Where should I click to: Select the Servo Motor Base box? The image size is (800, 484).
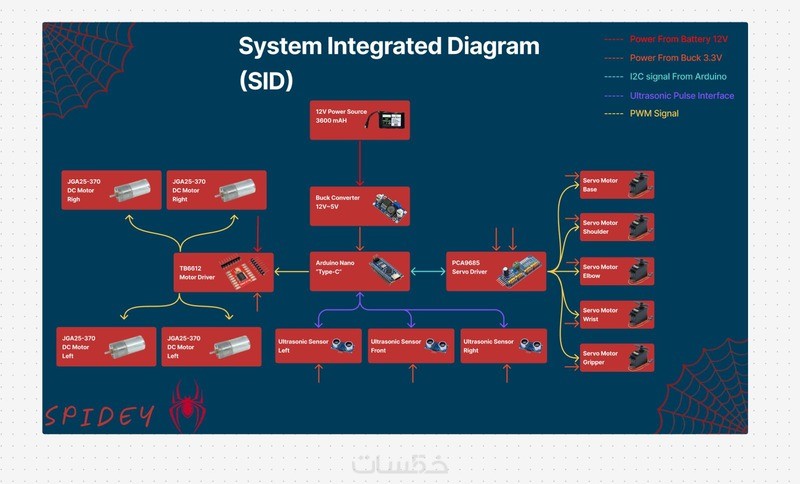(617, 185)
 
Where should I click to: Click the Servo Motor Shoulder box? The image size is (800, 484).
(617, 228)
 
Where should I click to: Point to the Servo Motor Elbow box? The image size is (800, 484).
(617, 272)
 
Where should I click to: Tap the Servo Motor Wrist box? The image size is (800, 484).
(617, 315)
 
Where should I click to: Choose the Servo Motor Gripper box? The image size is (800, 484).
(617, 357)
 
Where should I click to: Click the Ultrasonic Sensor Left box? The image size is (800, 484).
(318, 346)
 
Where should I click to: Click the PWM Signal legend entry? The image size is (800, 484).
(654, 113)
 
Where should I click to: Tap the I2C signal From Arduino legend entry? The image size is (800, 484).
(678, 77)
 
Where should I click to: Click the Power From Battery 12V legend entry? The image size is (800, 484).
(676, 40)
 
